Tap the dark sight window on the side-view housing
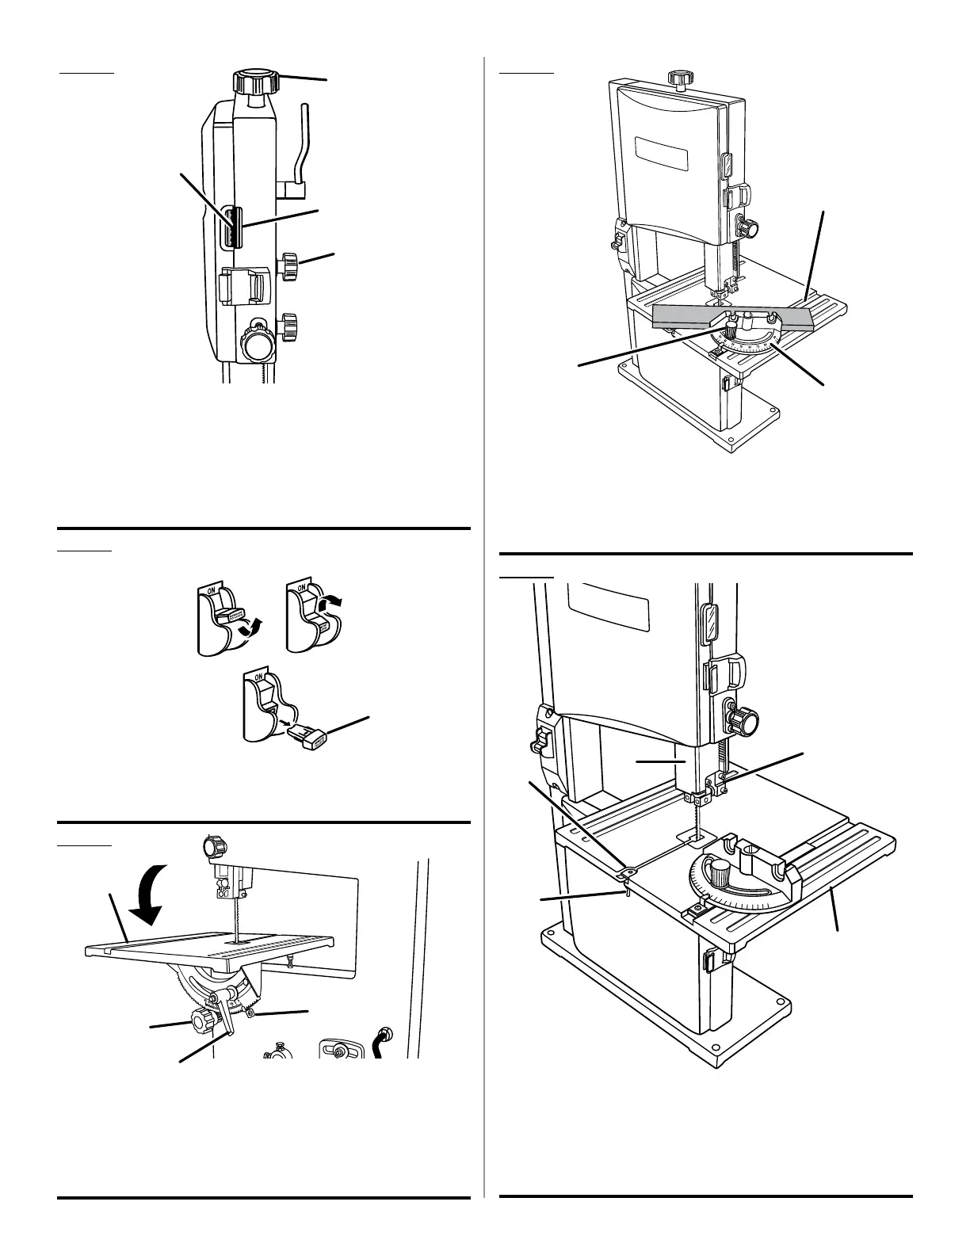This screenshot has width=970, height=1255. [x=231, y=228]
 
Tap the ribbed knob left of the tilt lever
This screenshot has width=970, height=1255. [x=202, y=1017]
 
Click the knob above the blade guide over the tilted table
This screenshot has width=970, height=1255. [x=213, y=847]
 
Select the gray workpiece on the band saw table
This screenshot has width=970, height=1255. [x=732, y=317]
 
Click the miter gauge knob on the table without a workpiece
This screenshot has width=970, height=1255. [x=720, y=875]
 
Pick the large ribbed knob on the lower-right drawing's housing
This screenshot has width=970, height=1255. [x=745, y=722]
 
